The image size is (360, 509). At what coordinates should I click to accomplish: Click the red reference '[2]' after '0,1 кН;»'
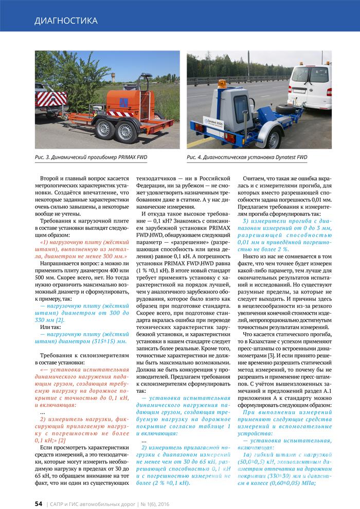(62, 441)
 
